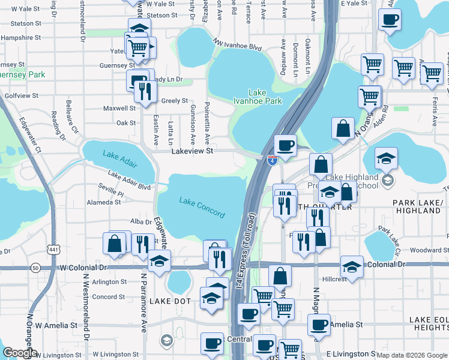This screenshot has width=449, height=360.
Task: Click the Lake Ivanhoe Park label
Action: tap(265, 97)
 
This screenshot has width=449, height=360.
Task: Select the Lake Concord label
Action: tap(202, 207)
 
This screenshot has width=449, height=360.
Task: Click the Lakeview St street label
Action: tap(192, 152)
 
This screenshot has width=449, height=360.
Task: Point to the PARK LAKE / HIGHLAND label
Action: tap(417, 207)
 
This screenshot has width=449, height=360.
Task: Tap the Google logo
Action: tap(20, 353)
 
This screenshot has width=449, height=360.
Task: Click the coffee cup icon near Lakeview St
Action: tap(285, 145)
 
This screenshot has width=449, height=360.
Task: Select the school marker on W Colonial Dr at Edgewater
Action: tap(159, 262)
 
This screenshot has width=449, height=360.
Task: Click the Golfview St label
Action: tap(21, 95)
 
